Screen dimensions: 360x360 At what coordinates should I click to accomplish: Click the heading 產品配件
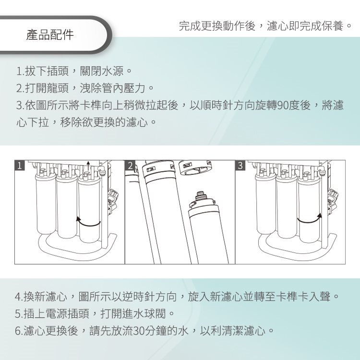[50, 35]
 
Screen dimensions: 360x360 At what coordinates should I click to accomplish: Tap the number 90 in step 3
[283, 106]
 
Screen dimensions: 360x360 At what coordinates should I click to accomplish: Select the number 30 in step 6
[139, 331]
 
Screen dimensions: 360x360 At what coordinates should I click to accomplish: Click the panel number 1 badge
[20, 165]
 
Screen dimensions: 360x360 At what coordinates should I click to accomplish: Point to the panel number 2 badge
[130, 165]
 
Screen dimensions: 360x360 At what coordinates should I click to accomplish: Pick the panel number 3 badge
[240, 165]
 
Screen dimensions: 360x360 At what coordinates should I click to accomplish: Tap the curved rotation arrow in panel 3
[310, 219]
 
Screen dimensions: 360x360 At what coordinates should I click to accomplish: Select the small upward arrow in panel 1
[88, 166]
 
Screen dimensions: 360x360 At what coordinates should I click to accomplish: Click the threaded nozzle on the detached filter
[201, 195]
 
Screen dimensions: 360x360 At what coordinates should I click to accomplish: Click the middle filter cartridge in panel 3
[287, 206]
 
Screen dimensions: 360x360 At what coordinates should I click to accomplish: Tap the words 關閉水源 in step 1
[102, 71]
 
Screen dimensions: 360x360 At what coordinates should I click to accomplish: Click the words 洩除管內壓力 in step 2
[113, 88]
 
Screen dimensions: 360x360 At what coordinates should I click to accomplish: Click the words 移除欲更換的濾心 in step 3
[104, 122]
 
